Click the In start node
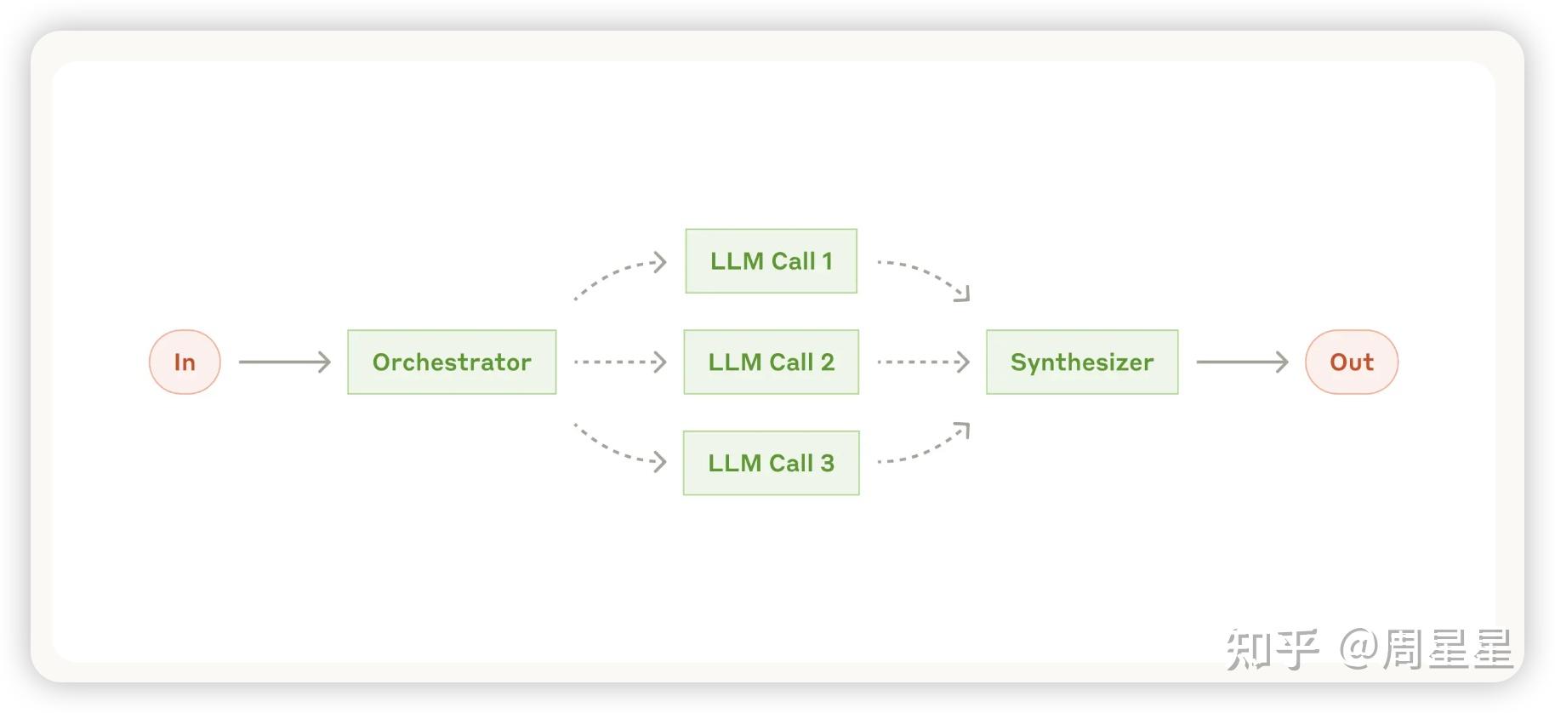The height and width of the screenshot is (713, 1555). (x=185, y=362)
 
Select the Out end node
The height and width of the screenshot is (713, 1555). (x=1352, y=362)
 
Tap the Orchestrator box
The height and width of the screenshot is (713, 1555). (x=452, y=362)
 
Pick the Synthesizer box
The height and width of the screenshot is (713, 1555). (x=1082, y=362)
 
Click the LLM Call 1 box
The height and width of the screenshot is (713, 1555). (x=772, y=261)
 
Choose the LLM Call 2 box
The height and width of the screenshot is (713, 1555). (x=772, y=362)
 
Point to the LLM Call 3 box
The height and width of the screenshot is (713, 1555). (x=772, y=463)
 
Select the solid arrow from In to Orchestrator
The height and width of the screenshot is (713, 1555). (x=284, y=362)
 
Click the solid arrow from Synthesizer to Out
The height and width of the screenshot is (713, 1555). (x=1242, y=362)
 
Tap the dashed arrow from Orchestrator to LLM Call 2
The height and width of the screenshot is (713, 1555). (x=620, y=362)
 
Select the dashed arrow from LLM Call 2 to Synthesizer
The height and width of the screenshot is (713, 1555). (x=923, y=362)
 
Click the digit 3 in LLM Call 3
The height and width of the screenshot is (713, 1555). (x=827, y=464)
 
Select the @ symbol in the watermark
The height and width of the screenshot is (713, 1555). (x=1359, y=647)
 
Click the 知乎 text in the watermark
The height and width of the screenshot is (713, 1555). (x=1273, y=649)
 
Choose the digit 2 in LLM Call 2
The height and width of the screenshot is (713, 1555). (x=827, y=362)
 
